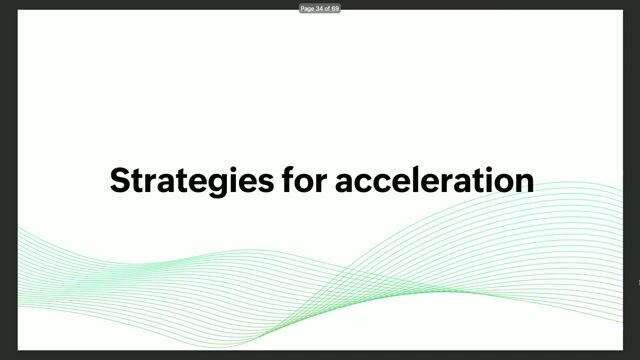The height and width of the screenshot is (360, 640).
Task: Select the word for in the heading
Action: pyautogui.click(x=301, y=180)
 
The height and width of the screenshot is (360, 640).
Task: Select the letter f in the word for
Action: pyautogui.click(x=284, y=180)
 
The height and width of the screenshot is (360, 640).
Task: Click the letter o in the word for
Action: pyautogui.click(x=300, y=182)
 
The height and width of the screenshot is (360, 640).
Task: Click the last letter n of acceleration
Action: pyautogui.click(x=523, y=182)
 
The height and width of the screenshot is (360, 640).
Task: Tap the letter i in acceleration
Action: pyautogui.click(x=487, y=180)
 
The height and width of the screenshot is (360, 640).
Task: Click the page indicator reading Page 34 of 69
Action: pyautogui.click(x=320, y=8)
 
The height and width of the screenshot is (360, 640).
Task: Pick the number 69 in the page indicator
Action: pyautogui.click(x=336, y=8)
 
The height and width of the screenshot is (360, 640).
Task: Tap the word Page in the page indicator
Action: pyautogui.click(x=307, y=8)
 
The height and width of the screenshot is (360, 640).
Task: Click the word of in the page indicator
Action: pyautogui.click(x=328, y=8)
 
